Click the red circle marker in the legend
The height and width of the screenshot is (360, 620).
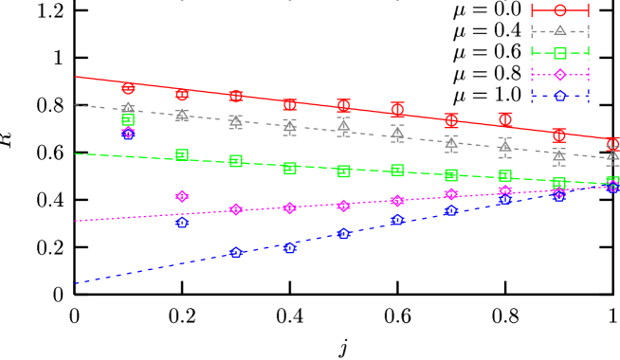pyautogui.click(x=559, y=9)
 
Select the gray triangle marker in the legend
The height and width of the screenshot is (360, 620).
pyautogui.click(x=559, y=30)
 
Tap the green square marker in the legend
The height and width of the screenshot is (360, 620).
pyautogui.click(x=559, y=53)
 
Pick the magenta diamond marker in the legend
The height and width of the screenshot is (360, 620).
pyautogui.click(x=559, y=75)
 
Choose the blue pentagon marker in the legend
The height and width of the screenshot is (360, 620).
pyautogui.click(x=559, y=96)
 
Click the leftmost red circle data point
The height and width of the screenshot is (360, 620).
pyautogui.click(x=128, y=88)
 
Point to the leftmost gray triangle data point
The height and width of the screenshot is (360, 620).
pyautogui.click(x=128, y=108)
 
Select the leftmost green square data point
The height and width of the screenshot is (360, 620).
pyautogui.click(x=128, y=120)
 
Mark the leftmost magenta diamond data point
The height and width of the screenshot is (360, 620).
pyautogui.click(x=128, y=134)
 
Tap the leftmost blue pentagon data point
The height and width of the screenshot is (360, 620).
pyautogui.click(x=182, y=224)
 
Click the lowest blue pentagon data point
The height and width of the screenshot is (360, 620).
pyautogui.click(x=236, y=252)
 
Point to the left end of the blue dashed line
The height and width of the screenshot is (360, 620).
pyautogui.click(x=75, y=282)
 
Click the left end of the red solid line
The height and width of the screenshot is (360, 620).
pyautogui.click(x=75, y=77)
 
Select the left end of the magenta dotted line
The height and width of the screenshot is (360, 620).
pyautogui.click(x=75, y=221)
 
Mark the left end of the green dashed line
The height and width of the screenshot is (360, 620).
pyautogui.click(x=75, y=153)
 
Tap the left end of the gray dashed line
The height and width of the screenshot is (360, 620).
pyautogui.click(x=75, y=104)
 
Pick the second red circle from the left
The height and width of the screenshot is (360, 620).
pyautogui.click(x=182, y=95)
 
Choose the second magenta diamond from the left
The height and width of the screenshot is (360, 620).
pyautogui.click(x=182, y=196)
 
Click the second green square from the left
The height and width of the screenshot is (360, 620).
pyautogui.click(x=182, y=154)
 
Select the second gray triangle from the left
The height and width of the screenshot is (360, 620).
pyautogui.click(x=182, y=115)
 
